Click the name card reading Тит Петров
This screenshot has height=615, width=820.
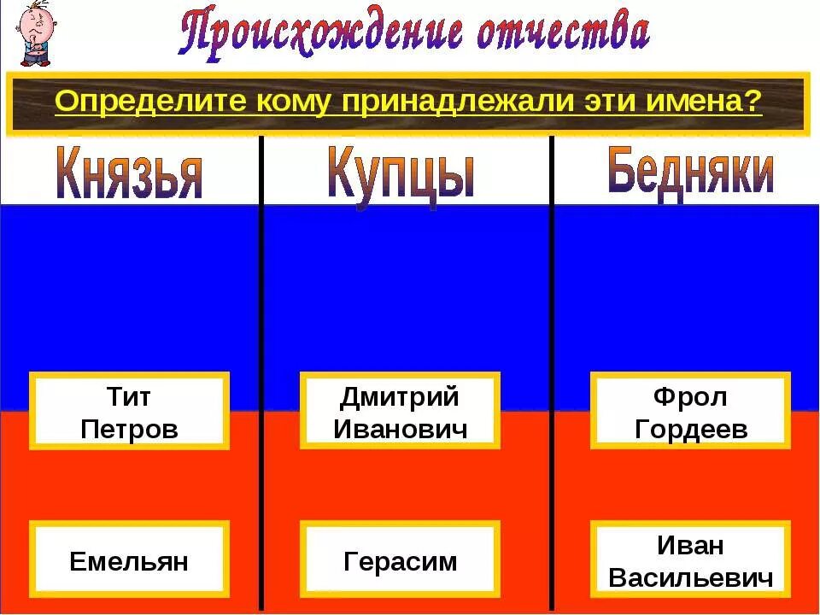[x=129, y=411]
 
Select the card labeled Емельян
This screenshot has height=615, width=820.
[x=129, y=560]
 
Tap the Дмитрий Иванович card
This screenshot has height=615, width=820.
[x=400, y=411]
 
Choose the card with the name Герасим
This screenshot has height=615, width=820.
[x=400, y=560]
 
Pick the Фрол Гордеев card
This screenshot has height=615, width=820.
[x=691, y=411]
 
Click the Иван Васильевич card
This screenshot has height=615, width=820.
[x=691, y=559]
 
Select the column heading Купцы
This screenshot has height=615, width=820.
[x=400, y=175]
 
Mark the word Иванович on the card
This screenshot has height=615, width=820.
[x=400, y=428]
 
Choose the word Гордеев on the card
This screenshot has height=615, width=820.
[x=691, y=429]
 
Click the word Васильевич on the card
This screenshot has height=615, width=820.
[x=691, y=577]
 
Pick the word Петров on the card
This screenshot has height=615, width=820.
[x=129, y=428]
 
